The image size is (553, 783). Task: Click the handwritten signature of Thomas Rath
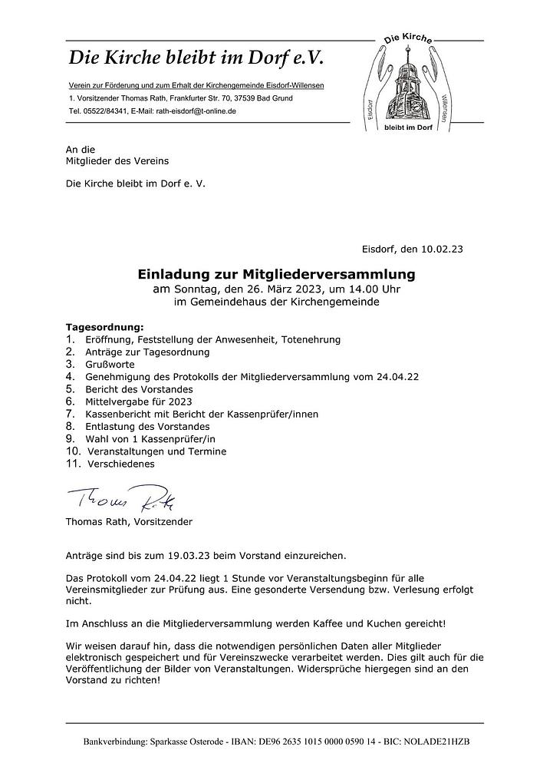(123, 500)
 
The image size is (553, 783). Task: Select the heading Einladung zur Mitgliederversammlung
(276, 273)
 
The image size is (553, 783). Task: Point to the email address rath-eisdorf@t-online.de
(196, 111)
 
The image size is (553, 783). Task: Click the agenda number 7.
(70, 413)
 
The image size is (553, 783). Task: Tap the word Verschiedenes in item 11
(121, 464)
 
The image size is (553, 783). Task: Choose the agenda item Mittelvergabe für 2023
(139, 401)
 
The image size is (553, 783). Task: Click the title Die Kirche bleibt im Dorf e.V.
(196, 57)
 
